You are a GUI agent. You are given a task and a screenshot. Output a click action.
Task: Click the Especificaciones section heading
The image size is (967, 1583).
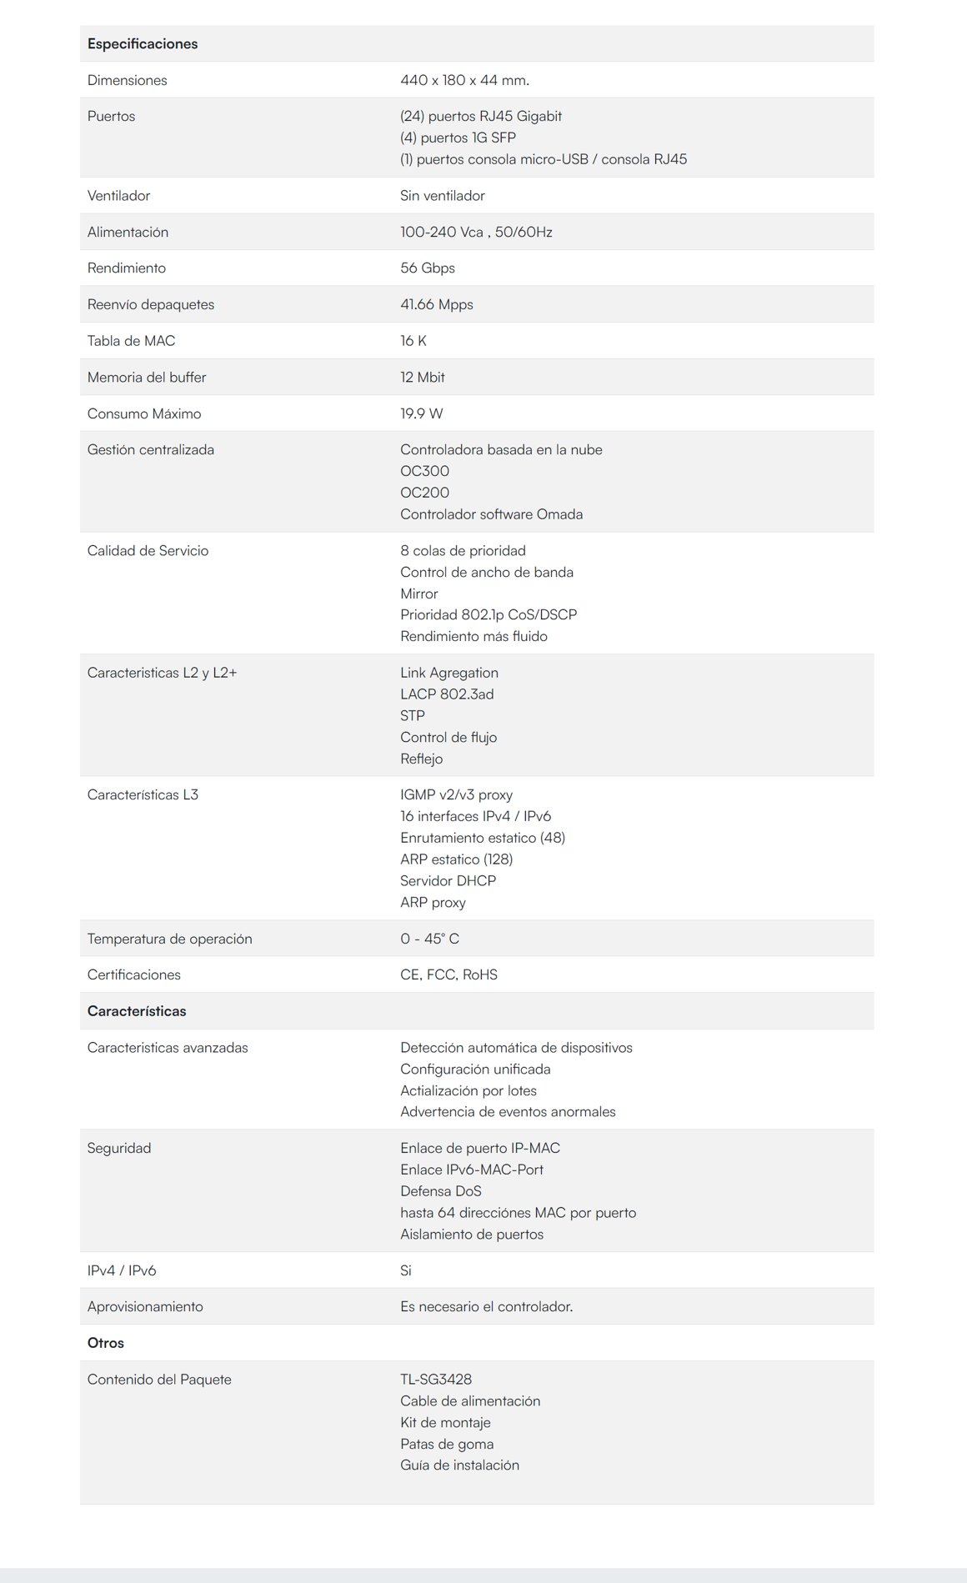pyautogui.click(x=143, y=43)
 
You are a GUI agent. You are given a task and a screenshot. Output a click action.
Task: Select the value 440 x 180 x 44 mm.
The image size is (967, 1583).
pyautogui.click(x=464, y=80)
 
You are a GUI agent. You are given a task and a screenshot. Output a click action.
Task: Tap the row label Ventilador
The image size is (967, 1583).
pyautogui.click(x=118, y=195)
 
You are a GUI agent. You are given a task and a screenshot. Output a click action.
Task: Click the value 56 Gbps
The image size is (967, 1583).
pyautogui.click(x=427, y=268)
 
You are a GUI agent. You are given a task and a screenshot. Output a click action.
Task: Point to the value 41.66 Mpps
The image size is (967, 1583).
pyautogui.click(x=436, y=304)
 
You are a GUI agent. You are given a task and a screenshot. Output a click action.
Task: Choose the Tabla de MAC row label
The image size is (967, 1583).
pyautogui.click(x=131, y=340)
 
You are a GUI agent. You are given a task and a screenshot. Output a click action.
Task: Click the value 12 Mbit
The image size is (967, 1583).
pyautogui.click(x=422, y=377)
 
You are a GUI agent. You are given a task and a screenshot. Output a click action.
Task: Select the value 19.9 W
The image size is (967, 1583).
pyautogui.click(x=421, y=413)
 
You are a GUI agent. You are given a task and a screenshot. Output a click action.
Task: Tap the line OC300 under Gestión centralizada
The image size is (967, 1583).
pyautogui.click(x=424, y=471)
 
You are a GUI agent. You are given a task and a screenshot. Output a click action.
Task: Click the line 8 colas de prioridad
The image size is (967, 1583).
pyautogui.click(x=463, y=550)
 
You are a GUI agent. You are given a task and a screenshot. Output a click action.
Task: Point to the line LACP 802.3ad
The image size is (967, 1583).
pyautogui.click(x=447, y=694)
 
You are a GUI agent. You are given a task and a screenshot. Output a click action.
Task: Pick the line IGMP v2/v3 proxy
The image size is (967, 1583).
pyautogui.click(x=456, y=794)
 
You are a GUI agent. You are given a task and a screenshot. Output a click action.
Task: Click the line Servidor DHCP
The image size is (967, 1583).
pyautogui.click(x=448, y=880)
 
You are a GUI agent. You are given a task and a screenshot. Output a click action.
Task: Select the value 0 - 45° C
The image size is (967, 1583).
pyautogui.click(x=429, y=939)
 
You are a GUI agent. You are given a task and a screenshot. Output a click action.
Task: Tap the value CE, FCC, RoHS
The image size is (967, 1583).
pyautogui.click(x=448, y=974)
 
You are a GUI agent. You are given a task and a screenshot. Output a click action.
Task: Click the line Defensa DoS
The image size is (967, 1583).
pyautogui.click(x=440, y=1191)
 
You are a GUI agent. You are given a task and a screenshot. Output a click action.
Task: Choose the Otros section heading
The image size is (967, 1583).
pyautogui.click(x=105, y=1343)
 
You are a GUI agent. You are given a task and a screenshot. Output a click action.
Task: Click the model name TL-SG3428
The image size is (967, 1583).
pyautogui.click(x=435, y=1380)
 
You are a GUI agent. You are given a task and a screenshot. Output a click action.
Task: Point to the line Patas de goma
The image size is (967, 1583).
pyautogui.click(x=446, y=1444)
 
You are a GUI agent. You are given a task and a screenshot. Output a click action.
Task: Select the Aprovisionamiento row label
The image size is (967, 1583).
pyautogui.click(x=145, y=1306)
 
